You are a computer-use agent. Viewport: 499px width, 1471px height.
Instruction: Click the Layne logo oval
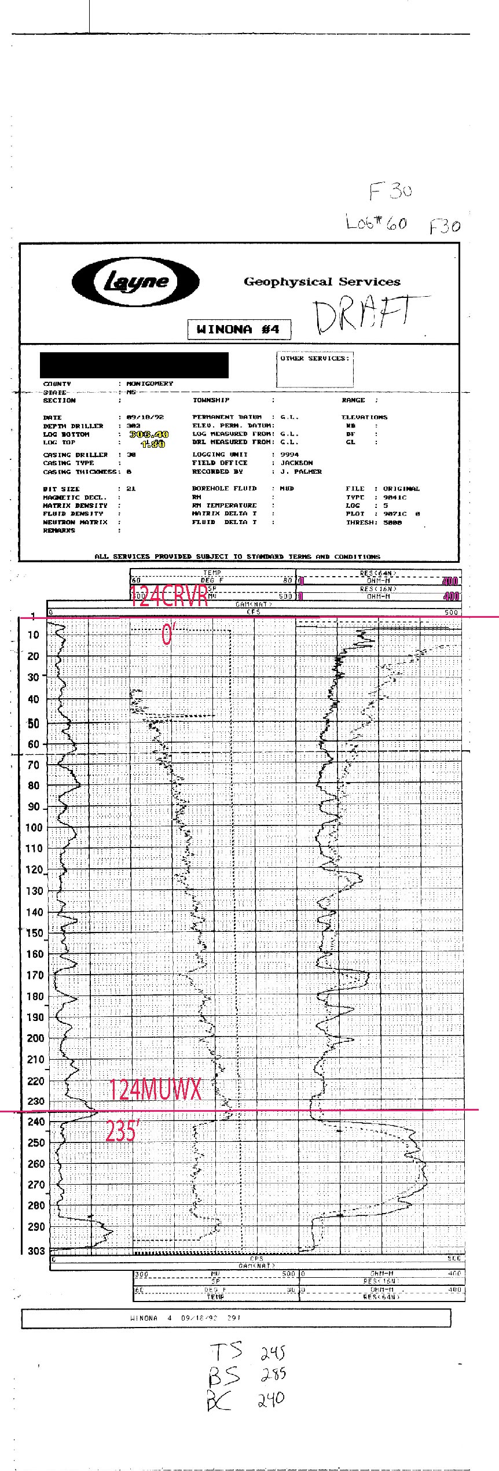tap(135, 282)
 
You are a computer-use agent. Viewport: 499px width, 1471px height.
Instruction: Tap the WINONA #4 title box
tap(239, 330)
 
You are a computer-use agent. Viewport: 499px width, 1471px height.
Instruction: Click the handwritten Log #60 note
tap(376, 222)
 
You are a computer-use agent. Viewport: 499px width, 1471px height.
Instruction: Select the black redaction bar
tap(134, 365)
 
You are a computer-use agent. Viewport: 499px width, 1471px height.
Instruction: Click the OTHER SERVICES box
tap(315, 369)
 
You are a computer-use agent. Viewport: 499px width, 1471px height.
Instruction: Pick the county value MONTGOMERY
tap(150, 384)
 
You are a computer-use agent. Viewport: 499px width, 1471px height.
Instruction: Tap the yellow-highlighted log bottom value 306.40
tap(149, 434)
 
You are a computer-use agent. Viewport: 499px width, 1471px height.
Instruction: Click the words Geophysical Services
tap(322, 282)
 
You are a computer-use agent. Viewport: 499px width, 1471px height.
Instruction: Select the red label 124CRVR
tap(169, 597)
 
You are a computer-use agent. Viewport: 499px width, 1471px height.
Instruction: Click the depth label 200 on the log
tap(35, 1038)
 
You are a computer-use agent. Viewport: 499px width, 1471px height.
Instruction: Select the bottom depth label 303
tap(35, 1251)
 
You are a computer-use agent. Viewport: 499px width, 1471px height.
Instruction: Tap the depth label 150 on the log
tap(35, 932)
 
